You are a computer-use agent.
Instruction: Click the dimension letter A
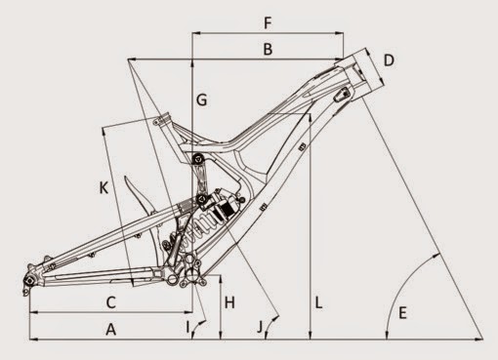pos(111,330)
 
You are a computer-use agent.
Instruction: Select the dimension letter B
pos(268,50)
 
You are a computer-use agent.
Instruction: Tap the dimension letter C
pos(111,302)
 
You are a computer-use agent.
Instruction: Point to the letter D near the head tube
pos(389,60)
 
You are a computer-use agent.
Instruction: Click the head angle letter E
pos(402,313)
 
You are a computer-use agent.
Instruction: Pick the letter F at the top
pos(268,23)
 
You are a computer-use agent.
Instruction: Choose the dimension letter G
pos(202,100)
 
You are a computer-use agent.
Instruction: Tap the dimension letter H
pos(229,302)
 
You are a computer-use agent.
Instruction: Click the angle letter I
pos(187,327)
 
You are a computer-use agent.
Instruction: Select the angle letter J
pos(260,327)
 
